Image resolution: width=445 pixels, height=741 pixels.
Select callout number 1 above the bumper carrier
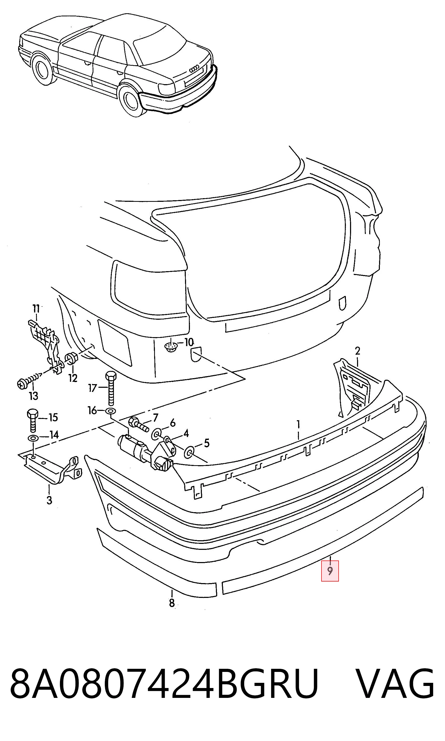(298, 424)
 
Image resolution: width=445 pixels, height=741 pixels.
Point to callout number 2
(358, 351)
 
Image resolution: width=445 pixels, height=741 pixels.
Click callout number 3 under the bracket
(49, 500)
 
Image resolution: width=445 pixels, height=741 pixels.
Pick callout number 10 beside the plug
(189, 342)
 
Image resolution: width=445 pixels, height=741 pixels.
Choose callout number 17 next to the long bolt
(93, 388)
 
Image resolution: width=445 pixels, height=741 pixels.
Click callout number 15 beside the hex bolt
(53, 417)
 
